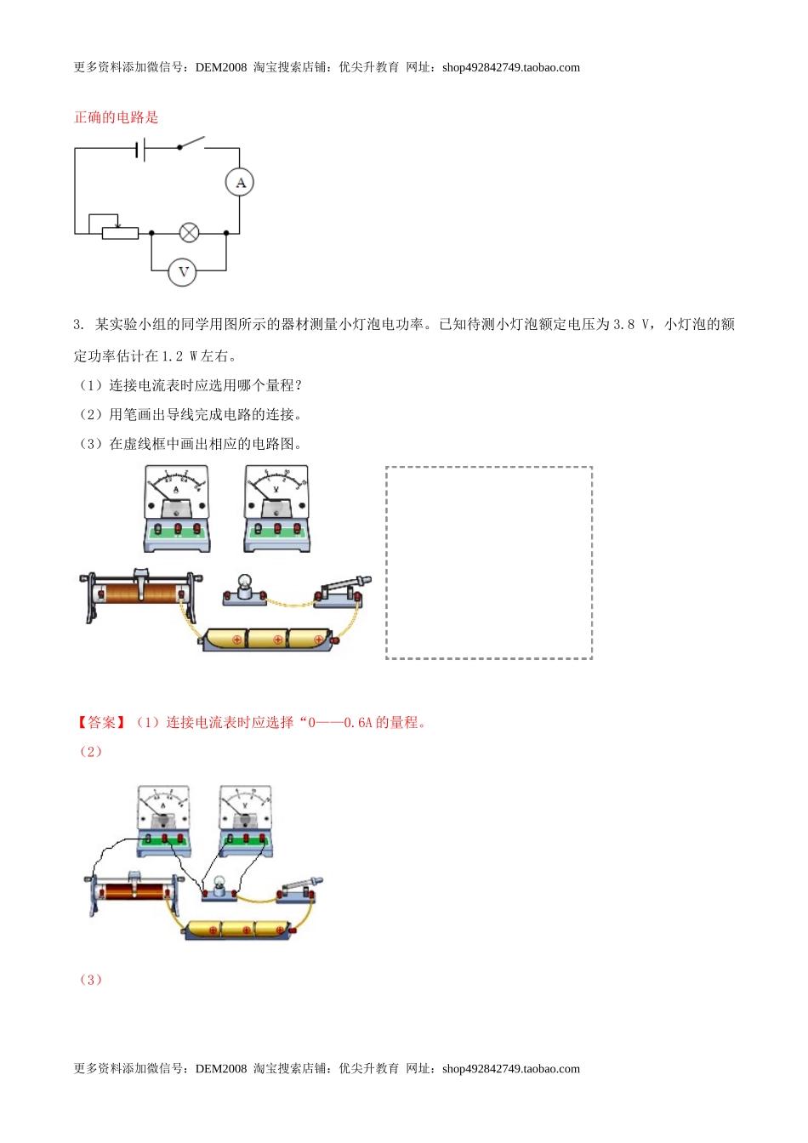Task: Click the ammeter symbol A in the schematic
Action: (x=240, y=182)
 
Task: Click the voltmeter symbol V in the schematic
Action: (x=182, y=272)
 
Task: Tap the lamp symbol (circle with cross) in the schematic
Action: (x=189, y=232)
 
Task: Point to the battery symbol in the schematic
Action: (x=140, y=150)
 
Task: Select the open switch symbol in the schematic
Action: (x=191, y=143)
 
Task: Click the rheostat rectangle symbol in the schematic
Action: (x=120, y=233)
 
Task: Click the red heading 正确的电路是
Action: (x=117, y=117)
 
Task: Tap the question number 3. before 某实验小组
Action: (x=78, y=324)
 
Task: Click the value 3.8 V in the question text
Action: (x=632, y=324)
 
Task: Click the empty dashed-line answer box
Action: (x=489, y=562)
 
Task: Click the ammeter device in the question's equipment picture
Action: (x=176, y=508)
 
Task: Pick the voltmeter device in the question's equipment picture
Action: (x=276, y=508)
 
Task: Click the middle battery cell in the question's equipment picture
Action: (x=269, y=639)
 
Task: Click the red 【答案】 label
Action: (x=102, y=722)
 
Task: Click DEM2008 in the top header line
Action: (x=220, y=67)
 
